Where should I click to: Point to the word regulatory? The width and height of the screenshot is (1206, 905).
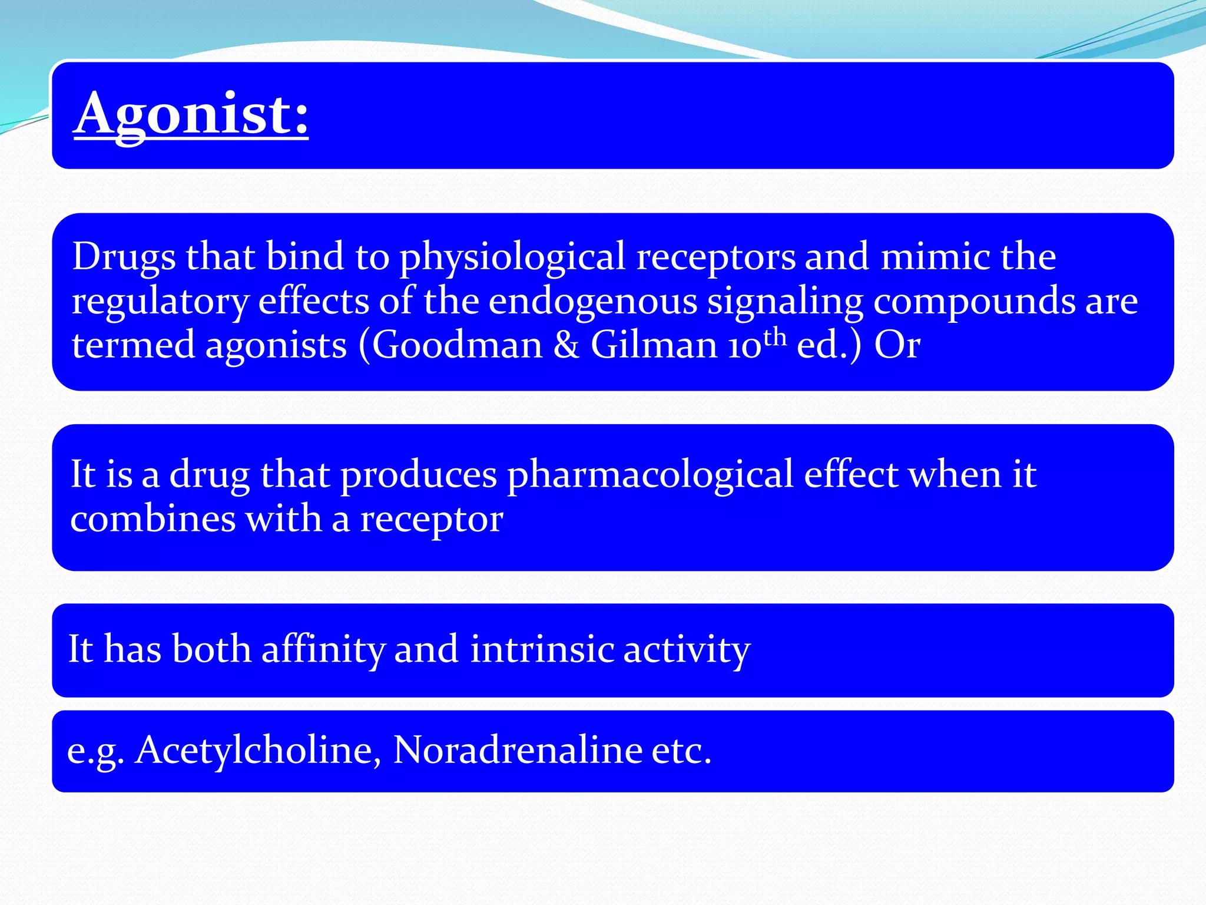coord(160,302)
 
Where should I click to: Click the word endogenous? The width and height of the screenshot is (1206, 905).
coord(592,301)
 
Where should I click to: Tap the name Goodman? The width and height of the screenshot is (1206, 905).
coord(457,345)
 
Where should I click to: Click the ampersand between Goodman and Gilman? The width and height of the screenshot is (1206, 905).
coord(566,345)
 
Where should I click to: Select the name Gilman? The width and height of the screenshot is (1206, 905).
coord(654,345)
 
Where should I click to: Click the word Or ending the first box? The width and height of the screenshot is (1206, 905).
coord(897,345)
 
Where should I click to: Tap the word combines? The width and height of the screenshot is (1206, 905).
coord(153,519)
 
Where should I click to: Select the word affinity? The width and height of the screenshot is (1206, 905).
coord(323,650)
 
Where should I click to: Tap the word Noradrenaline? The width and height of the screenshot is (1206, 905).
coord(518,750)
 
